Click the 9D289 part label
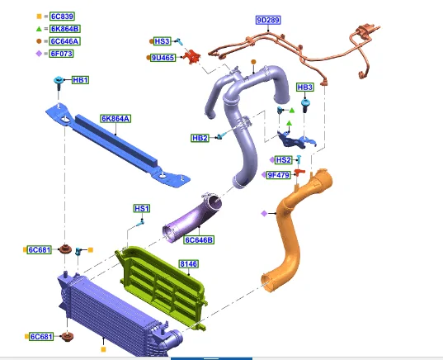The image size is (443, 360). tap(268, 20)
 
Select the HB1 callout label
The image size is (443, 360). tap(80, 80)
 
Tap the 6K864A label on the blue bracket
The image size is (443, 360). tap(115, 119)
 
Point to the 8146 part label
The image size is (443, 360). tap(189, 264)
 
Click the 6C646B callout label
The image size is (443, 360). tap(199, 239)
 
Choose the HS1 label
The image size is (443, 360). tap(142, 208)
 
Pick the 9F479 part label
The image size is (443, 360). tap(279, 175)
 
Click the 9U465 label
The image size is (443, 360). tap(163, 58)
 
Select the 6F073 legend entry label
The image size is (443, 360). tap(61, 54)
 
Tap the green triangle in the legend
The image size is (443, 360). tap(39, 29)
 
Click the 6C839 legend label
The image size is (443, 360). tap(62, 17)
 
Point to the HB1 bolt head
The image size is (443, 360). tap(59, 80)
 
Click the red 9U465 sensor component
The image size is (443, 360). tap(192, 56)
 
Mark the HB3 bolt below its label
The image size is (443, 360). tap(304, 105)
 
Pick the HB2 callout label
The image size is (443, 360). tap(200, 138)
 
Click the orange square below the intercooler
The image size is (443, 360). tap(103, 349)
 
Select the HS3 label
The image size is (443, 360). tap(163, 41)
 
